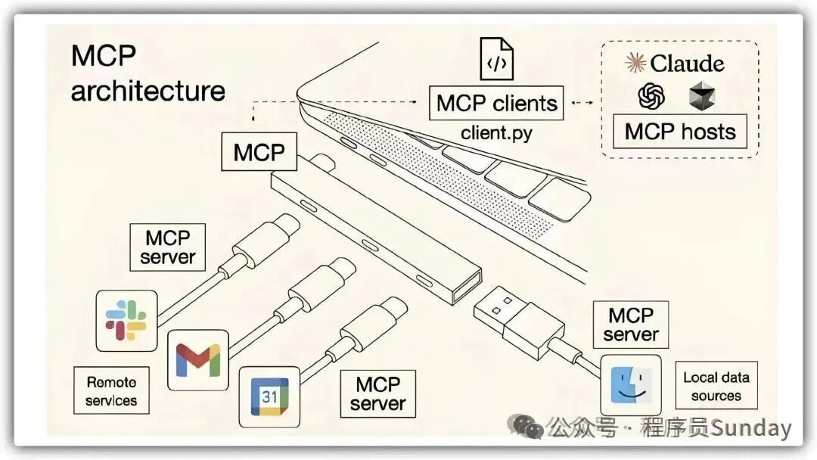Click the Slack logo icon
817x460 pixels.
(126, 320)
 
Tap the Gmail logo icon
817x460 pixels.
(197, 360)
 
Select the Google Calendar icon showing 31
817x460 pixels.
(270, 396)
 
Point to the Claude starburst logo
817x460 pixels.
(635, 63)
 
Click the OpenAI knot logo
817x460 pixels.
(651, 96)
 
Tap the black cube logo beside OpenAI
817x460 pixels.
(702, 96)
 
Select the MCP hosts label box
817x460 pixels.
(680, 132)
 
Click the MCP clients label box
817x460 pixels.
(496, 103)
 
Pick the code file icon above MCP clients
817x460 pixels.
(496, 59)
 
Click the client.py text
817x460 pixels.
(496, 133)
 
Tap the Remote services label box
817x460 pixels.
(111, 391)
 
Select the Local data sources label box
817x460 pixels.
(716, 386)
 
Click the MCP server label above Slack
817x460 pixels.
(168, 247)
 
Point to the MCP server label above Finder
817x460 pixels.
(631, 325)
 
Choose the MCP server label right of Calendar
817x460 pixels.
(377, 393)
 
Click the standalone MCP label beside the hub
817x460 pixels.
(259, 152)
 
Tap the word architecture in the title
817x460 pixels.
(148, 91)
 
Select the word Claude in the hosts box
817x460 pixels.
(687, 63)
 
